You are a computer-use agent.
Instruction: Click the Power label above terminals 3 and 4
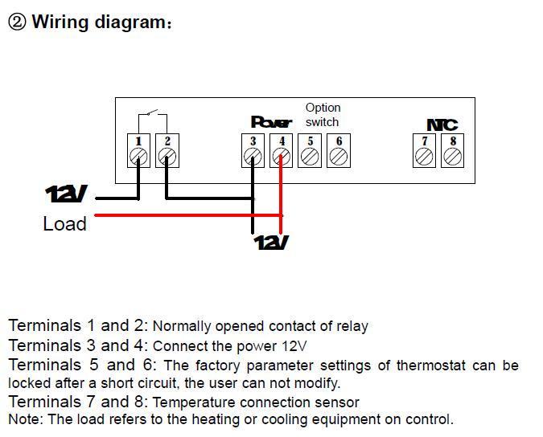click(271, 122)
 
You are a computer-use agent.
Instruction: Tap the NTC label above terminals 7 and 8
click(442, 125)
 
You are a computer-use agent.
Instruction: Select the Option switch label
click(323, 115)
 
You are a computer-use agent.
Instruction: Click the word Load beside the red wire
click(64, 224)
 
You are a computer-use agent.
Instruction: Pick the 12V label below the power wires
click(271, 242)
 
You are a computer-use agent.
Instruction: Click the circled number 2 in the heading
click(17, 22)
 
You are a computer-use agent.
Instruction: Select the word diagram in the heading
click(130, 22)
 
